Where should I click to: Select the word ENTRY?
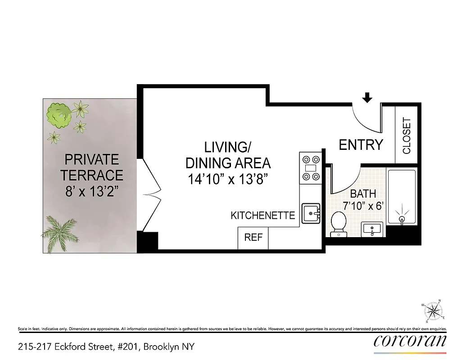pyautogui.click(x=361, y=145)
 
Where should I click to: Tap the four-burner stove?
pyautogui.click(x=311, y=168)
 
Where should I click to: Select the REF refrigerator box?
pyautogui.click(x=253, y=238)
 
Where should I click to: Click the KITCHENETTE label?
pyautogui.click(x=262, y=216)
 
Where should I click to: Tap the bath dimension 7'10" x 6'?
pyautogui.click(x=362, y=207)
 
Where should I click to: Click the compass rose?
pyautogui.click(x=433, y=311)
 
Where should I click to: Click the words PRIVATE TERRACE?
pyautogui.click(x=92, y=167)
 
